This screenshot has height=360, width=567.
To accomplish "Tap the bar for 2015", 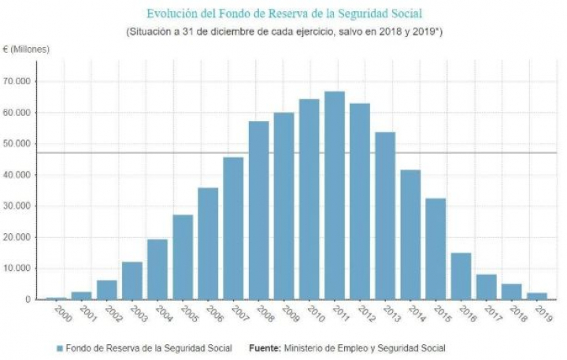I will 435,249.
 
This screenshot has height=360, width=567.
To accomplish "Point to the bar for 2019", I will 536,296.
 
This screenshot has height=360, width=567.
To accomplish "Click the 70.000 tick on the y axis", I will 17,81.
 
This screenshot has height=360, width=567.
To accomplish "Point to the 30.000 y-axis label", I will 17,206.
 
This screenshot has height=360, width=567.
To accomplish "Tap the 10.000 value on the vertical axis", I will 17,269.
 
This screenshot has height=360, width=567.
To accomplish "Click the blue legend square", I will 59,347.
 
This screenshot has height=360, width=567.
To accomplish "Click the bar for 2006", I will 208,243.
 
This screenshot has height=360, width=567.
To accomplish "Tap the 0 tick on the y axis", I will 28,300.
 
